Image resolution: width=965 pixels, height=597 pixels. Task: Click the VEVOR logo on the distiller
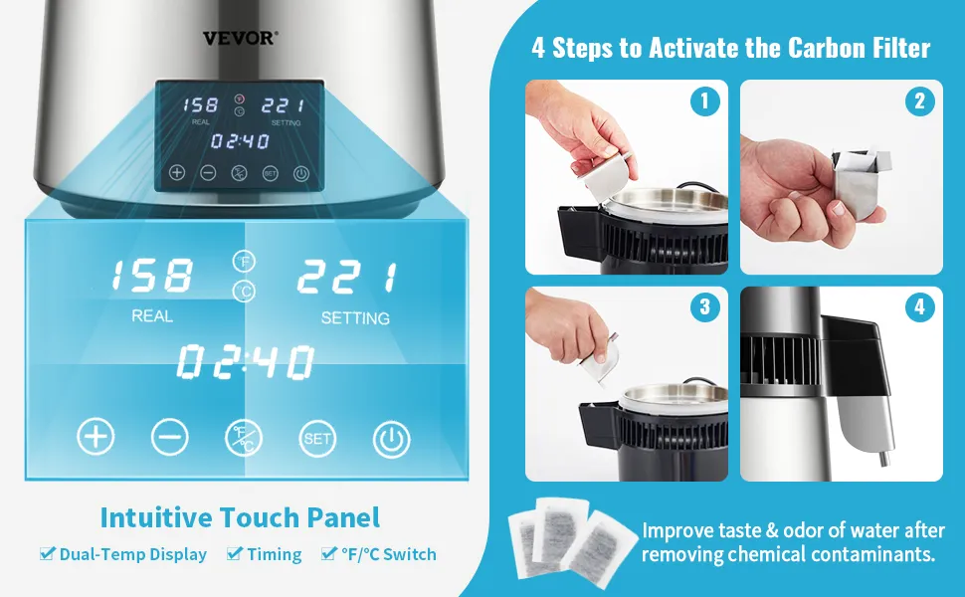tap(240, 38)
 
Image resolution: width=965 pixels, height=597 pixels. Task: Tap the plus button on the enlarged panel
tap(96, 437)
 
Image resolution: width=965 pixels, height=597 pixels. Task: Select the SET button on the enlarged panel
tap(317, 438)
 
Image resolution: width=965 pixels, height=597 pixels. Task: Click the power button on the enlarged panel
tap(391, 440)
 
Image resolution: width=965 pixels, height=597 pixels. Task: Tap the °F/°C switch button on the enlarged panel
tap(244, 438)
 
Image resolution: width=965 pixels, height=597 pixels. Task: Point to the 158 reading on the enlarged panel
tap(152, 275)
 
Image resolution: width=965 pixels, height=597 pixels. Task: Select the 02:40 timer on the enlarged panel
tap(246, 361)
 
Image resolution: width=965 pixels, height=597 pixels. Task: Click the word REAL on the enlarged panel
tap(152, 316)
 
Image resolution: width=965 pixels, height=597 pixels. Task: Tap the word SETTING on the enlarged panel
tap(355, 318)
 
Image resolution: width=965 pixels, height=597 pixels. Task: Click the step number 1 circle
tap(704, 100)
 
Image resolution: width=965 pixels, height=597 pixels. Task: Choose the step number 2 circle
tap(919, 100)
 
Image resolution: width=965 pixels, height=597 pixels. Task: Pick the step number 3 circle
tap(704, 306)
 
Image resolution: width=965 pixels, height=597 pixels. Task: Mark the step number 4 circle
tap(919, 306)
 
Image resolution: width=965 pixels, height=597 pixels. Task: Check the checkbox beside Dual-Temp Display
tap(48, 552)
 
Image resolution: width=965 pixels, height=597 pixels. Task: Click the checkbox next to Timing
tap(235, 552)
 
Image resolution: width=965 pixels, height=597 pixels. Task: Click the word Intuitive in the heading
tap(156, 517)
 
